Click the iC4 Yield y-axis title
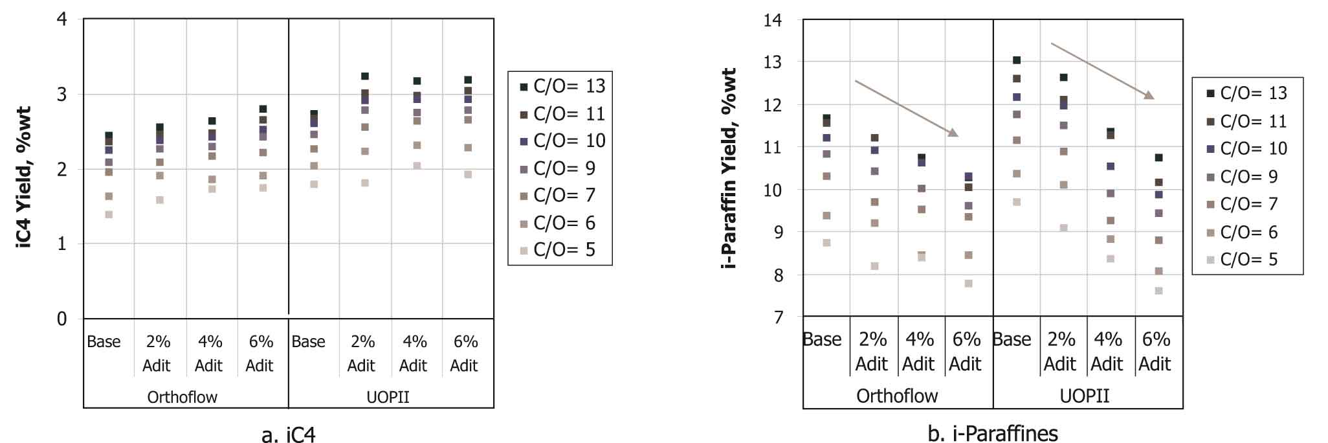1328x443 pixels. [24, 177]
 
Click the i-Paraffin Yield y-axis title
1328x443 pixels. [729, 168]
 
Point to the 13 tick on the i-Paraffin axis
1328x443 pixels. [773, 62]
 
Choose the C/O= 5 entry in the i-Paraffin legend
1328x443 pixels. [1248, 260]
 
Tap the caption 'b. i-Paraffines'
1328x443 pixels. [993, 433]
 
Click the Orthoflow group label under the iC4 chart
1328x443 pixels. [183, 397]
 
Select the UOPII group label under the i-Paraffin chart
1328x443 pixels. [1085, 396]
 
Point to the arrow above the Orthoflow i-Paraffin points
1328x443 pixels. [906, 108]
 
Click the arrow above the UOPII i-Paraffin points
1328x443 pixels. [1102, 71]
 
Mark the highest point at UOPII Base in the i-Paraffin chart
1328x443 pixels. [1017, 60]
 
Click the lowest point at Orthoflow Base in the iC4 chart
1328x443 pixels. [109, 214]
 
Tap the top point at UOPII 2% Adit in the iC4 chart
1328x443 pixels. [365, 76]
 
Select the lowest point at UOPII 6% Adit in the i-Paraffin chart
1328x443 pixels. [1159, 291]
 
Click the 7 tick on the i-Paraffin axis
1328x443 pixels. [778, 317]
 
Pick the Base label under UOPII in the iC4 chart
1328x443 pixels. [308, 341]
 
